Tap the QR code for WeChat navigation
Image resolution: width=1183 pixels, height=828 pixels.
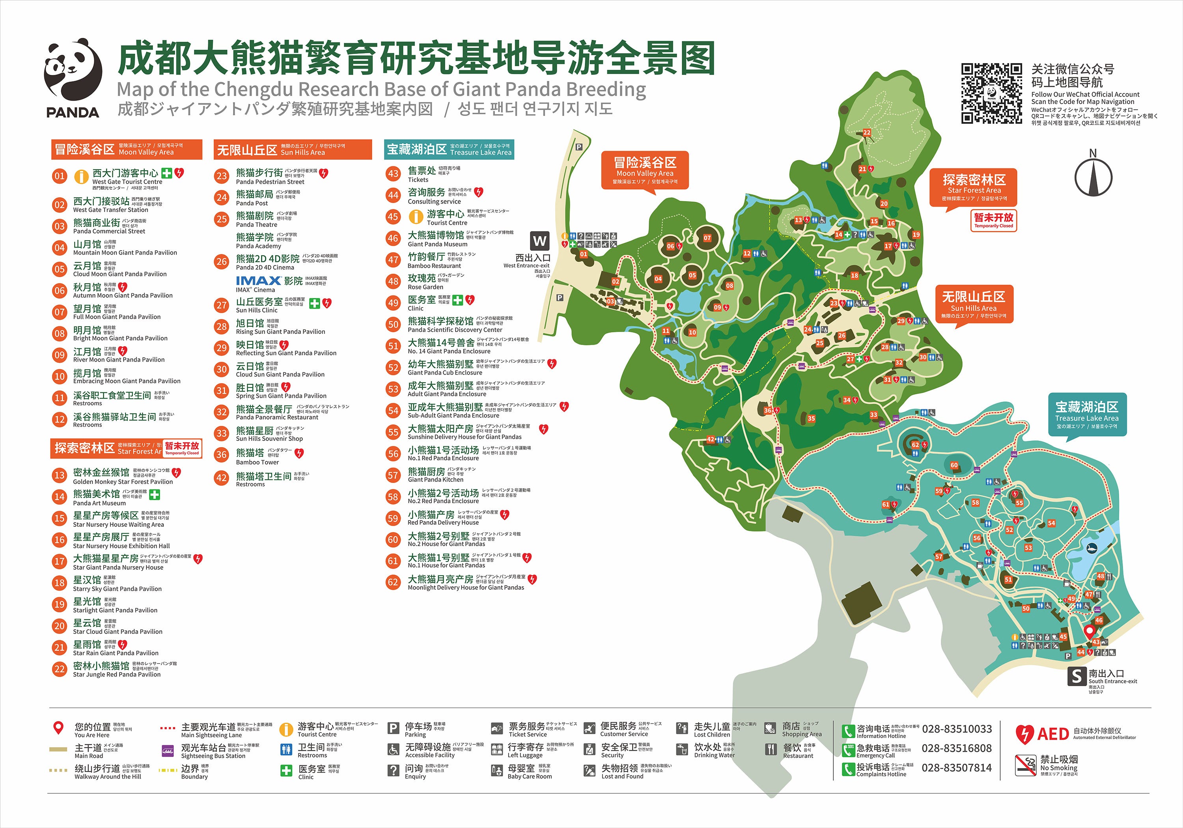(x=991, y=93)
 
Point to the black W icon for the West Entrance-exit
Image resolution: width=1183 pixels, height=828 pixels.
(x=539, y=241)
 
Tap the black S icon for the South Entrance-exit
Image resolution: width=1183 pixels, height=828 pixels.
(x=1077, y=676)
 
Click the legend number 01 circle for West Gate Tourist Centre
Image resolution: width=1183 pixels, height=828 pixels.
(x=60, y=176)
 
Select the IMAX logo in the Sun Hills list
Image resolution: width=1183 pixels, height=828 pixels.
(x=258, y=281)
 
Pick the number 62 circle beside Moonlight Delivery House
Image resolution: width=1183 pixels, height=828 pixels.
(x=393, y=582)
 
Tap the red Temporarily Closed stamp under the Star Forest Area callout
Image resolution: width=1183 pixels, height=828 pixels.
(x=993, y=220)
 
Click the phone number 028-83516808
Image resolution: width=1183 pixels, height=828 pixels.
(x=956, y=748)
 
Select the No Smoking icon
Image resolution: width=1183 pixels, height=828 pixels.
(x=1025, y=765)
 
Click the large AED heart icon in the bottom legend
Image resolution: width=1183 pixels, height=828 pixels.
(x=1024, y=734)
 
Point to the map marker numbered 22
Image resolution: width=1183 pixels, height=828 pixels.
(x=867, y=132)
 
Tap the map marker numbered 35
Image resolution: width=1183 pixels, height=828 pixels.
(x=812, y=418)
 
